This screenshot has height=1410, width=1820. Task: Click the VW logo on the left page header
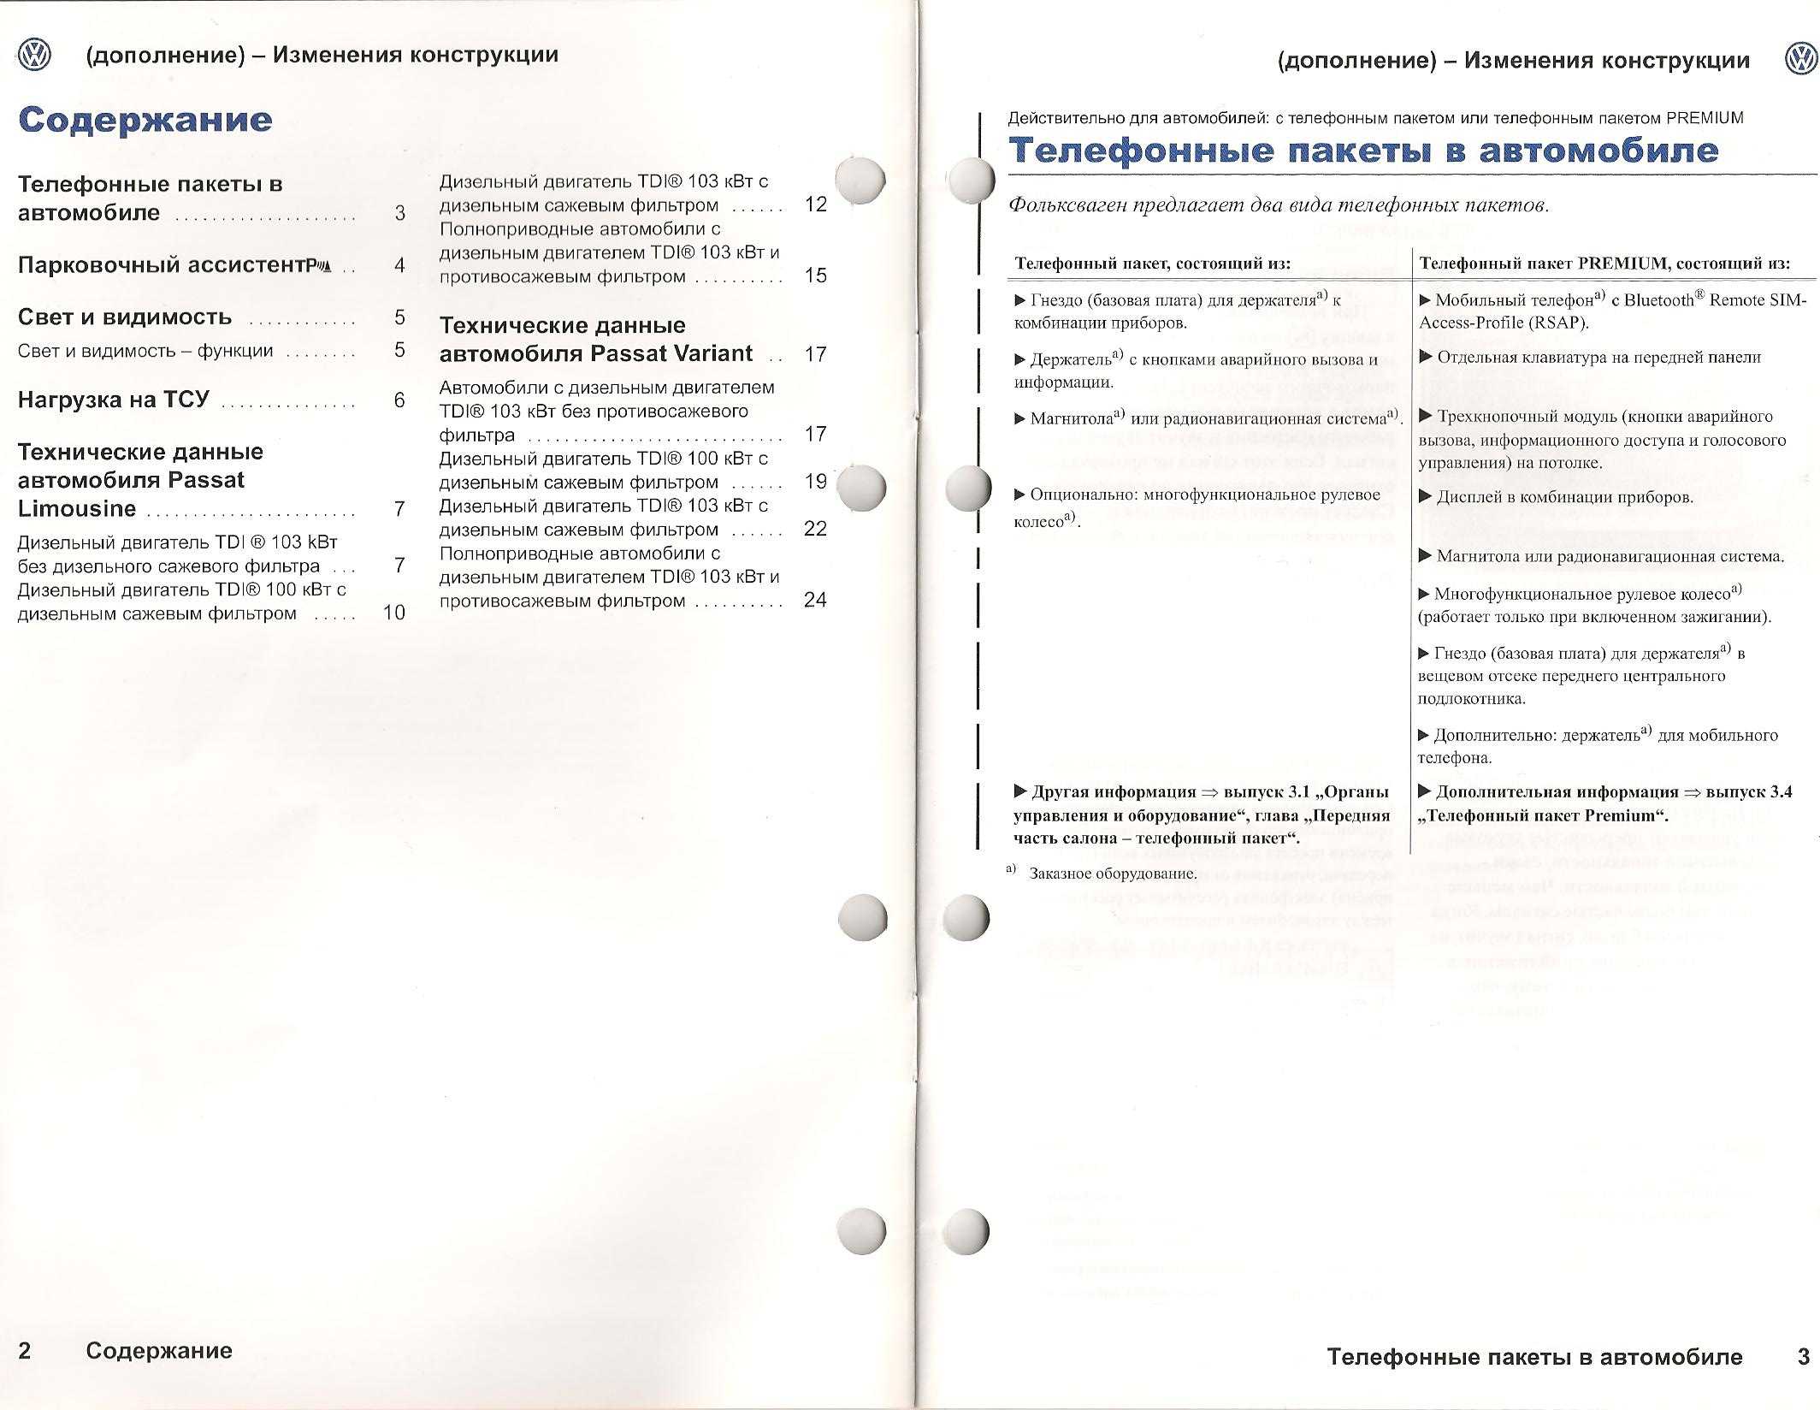35,56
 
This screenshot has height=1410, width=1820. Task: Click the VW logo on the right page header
1800,60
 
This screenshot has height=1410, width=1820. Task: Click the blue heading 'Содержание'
145,120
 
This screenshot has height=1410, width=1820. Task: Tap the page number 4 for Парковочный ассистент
399,266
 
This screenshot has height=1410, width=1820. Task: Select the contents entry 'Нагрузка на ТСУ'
114,400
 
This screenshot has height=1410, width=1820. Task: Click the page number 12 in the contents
816,204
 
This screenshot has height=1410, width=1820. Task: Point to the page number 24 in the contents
815,600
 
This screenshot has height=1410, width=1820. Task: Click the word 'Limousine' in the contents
77,509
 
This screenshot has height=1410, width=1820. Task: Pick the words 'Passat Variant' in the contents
680,353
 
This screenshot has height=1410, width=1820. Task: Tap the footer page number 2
25,1350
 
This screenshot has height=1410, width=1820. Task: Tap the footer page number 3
1803,1356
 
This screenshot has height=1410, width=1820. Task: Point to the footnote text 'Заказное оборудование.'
1113,874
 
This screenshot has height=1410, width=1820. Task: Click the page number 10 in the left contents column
394,613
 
